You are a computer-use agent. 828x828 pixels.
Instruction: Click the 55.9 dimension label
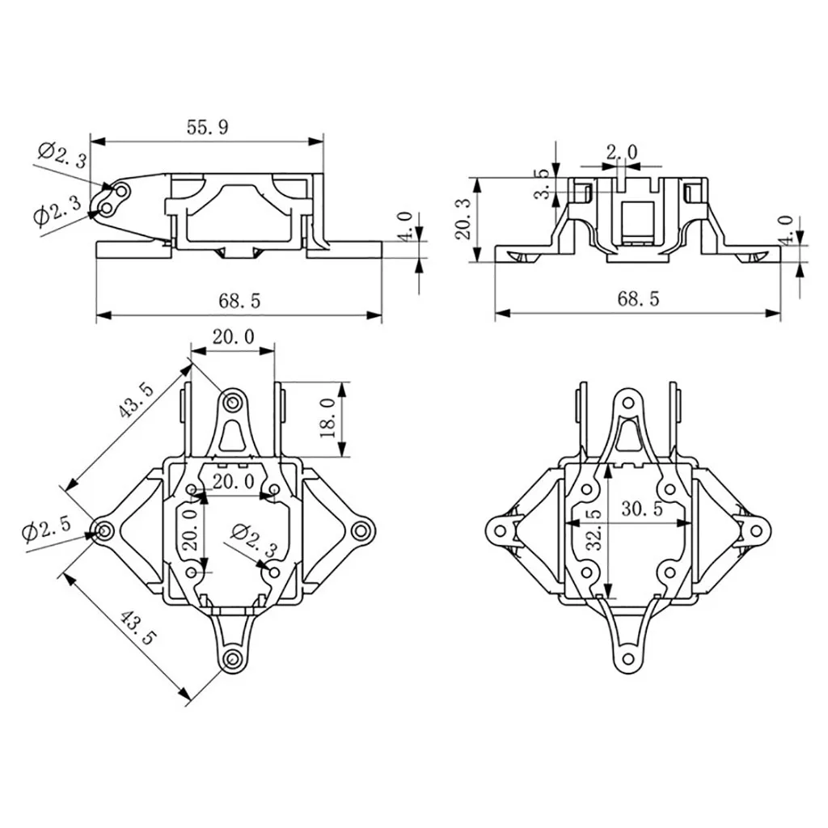pos(207,126)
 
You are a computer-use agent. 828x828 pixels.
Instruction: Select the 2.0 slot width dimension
pos(622,152)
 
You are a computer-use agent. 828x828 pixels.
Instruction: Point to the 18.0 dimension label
pos(327,418)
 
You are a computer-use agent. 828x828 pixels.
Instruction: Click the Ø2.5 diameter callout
pos(47,532)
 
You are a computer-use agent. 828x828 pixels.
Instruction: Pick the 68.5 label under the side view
pos(239,301)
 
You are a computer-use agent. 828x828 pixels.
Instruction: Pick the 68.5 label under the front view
pos(638,298)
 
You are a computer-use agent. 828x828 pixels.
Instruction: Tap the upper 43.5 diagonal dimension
pos(134,401)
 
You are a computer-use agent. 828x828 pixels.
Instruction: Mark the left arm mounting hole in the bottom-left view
pos(104,530)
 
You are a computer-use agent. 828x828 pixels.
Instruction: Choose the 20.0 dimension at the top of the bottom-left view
pos(233,336)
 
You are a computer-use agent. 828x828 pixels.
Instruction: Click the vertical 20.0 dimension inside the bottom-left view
pos(189,529)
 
